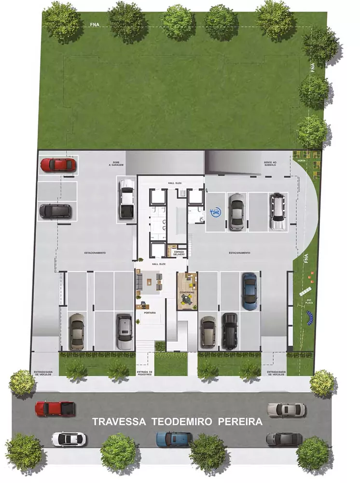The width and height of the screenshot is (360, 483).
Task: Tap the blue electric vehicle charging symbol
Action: pyautogui.click(x=216, y=212)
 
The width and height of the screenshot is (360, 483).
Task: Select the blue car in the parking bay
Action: pyautogui.click(x=249, y=290)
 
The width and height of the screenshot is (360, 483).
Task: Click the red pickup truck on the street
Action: pyautogui.click(x=55, y=409)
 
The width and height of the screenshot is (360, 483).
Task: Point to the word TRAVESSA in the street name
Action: pyautogui.click(x=119, y=422)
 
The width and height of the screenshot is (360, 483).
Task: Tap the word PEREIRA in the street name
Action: pyautogui.click(x=240, y=422)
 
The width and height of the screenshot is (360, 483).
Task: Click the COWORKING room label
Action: pyautogui.click(x=187, y=293)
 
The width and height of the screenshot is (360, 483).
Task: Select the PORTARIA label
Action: pyautogui.click(x=149, y=313)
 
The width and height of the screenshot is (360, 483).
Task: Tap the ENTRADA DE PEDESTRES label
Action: pyautogui.click(x=145, y=372)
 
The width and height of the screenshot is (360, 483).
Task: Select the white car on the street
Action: pyautogui.click(x=69, y=439)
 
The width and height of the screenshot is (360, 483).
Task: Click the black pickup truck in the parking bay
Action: pyautogui.click(x=230, y=331)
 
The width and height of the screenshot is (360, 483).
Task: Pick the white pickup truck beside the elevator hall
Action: pyautogui.click(x=126, y=198)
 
